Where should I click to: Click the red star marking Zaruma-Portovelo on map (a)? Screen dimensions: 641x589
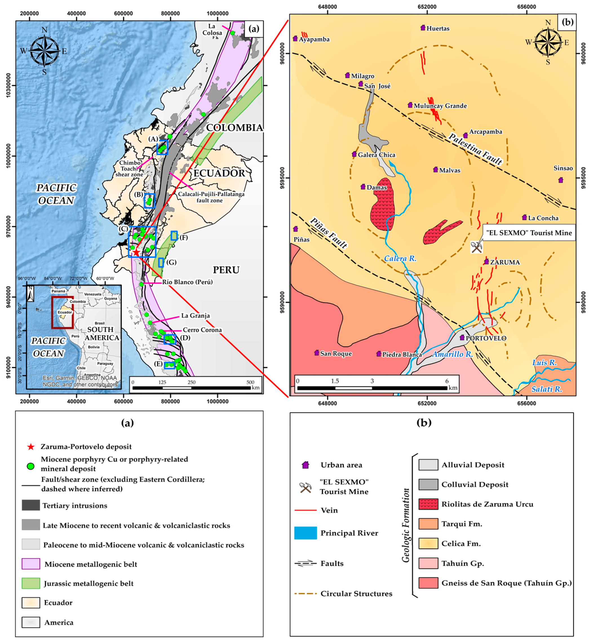coord(136,253)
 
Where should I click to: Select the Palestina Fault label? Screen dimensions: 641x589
coord(475,149)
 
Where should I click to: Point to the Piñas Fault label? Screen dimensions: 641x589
coord(329,233)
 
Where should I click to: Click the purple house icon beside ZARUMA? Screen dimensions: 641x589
coord(486,261)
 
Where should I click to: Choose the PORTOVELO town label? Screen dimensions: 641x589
coord(486,338)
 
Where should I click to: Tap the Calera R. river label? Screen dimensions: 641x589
coord(400,258)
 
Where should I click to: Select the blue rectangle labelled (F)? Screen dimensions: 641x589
coord(174,236)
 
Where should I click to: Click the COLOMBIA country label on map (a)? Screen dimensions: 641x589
coord(234,127)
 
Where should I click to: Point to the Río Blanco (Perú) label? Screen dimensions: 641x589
coord(187,282)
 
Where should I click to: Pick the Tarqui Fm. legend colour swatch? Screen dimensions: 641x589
coord(428,524)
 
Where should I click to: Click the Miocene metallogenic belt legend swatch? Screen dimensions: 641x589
coord(31,564)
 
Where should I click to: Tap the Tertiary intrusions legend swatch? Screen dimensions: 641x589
coord(31,505)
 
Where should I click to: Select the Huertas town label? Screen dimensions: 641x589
coord(438,28)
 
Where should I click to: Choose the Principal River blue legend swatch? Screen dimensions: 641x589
coord(305,533)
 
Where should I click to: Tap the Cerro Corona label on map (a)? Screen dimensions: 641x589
coord(202,330)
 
